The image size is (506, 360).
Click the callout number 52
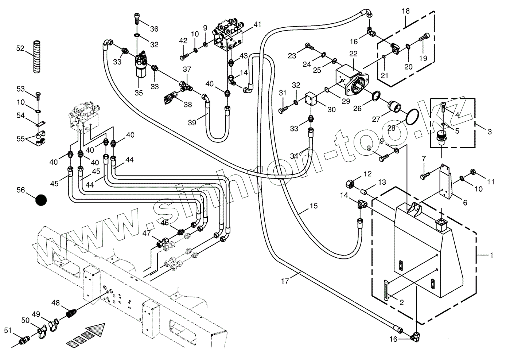pyautogui.click(x=20, y=48)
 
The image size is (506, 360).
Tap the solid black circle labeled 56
pyautogui.click(x=41, y=200)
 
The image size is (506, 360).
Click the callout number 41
pyautogui.click(x=257, y=25)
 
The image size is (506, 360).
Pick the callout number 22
pyautogui.click(x=353, y=54)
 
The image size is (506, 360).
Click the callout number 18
pyautogui.click(x=406, y=11)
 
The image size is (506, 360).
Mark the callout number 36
pyautogui.click(x=154, y=29)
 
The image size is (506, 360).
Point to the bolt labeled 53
pyautogui.click(x=38, y=95)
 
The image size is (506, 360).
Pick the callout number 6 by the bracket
pyautogui.click(x=465, y=203)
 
